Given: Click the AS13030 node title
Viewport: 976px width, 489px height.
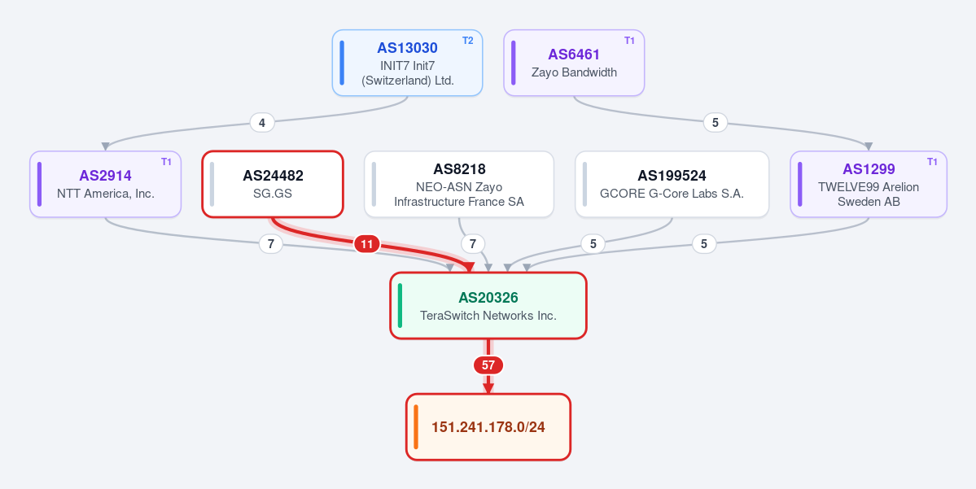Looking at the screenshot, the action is pos(407,48).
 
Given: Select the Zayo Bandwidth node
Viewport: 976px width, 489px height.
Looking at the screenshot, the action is pos(574,63).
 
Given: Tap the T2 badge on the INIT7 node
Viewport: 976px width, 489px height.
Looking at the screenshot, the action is pos(467,41).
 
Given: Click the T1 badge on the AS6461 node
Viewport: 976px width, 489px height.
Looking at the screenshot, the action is pos(629,41).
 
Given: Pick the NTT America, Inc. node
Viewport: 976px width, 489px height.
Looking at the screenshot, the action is pos(105,184).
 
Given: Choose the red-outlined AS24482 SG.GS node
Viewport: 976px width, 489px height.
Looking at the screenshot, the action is pos(273,184).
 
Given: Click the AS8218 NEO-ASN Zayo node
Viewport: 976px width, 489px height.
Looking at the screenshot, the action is pos(459,184).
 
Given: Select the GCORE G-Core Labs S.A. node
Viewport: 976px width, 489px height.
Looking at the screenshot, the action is pos(672,184).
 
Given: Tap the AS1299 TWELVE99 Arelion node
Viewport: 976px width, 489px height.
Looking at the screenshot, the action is pos(869,184).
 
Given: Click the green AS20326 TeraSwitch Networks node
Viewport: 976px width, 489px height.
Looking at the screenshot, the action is pos(488,305).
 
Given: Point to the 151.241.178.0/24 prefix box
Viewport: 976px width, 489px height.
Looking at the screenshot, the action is pos(488,427).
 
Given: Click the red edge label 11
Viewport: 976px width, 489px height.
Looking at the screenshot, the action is pos(366,244).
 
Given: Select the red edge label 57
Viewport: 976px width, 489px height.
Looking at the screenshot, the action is pos(488,365).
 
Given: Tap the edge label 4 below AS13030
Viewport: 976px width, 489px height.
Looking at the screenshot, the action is pos(262,123).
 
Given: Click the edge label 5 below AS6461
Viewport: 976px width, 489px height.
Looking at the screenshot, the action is pos(716,123).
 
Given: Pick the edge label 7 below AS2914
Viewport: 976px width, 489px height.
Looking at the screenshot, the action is pos(270,244).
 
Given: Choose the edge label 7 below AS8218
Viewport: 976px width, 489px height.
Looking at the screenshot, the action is pos(472,244).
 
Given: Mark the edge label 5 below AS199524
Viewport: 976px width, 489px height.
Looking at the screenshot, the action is pos(593,244).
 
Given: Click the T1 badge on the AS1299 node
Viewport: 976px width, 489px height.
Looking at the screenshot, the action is pos(932,162).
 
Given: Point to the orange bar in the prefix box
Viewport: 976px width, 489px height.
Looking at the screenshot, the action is pos(416,427).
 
